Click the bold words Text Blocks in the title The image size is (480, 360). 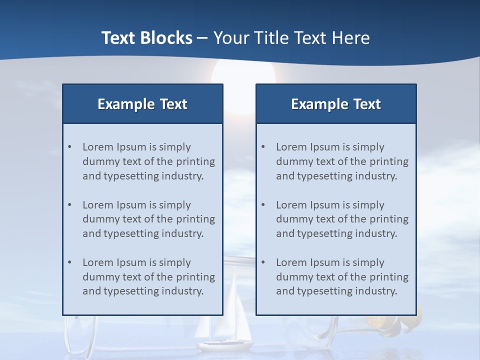(146, 38)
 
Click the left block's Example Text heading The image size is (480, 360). (142, 104)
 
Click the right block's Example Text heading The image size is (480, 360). (336, 104)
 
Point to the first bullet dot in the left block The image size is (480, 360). (70, 147)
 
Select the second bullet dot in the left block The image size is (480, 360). (70, 205)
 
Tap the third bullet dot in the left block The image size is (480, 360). (70, 262)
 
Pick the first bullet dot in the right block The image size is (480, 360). (263, 147)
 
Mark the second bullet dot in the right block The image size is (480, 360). (263, 205)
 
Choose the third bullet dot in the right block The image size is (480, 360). (263, 262)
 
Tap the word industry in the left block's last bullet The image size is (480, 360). (184, 291)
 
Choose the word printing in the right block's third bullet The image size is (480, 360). (390, 276)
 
